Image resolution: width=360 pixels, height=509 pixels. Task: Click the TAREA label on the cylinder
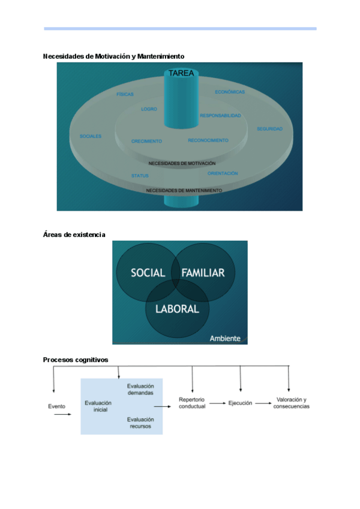(181, 73)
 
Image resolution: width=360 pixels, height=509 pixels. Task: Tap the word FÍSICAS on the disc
(125, 94)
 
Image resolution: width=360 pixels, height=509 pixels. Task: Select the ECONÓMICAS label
(230, 92)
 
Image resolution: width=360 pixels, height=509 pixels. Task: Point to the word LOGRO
(149, 109)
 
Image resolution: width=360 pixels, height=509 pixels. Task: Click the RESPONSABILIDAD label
(220, 115)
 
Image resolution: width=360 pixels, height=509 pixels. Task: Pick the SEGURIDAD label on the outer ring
(269, 129)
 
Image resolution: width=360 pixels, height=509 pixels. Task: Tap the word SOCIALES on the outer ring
(91, 136)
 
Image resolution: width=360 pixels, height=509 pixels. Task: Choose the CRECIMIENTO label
(146, 142)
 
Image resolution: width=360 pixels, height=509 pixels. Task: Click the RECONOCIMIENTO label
(208, 140)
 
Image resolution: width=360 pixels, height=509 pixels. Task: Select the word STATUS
(140, 176)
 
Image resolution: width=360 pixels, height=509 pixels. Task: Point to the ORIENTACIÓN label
(223, 173)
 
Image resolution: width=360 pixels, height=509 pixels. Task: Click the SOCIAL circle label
(148, 273)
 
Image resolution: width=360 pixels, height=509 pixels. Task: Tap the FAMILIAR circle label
(203, 273)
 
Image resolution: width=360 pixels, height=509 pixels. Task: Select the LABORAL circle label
(177, 309)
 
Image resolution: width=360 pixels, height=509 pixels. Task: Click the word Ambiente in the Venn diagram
(224, 339)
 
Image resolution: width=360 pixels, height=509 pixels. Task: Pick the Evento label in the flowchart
(56, 406)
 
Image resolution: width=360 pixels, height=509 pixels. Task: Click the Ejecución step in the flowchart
(240, 403)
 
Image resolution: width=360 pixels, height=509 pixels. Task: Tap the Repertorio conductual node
(192, 403)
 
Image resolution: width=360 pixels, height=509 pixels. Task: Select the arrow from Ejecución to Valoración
(262, 403)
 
